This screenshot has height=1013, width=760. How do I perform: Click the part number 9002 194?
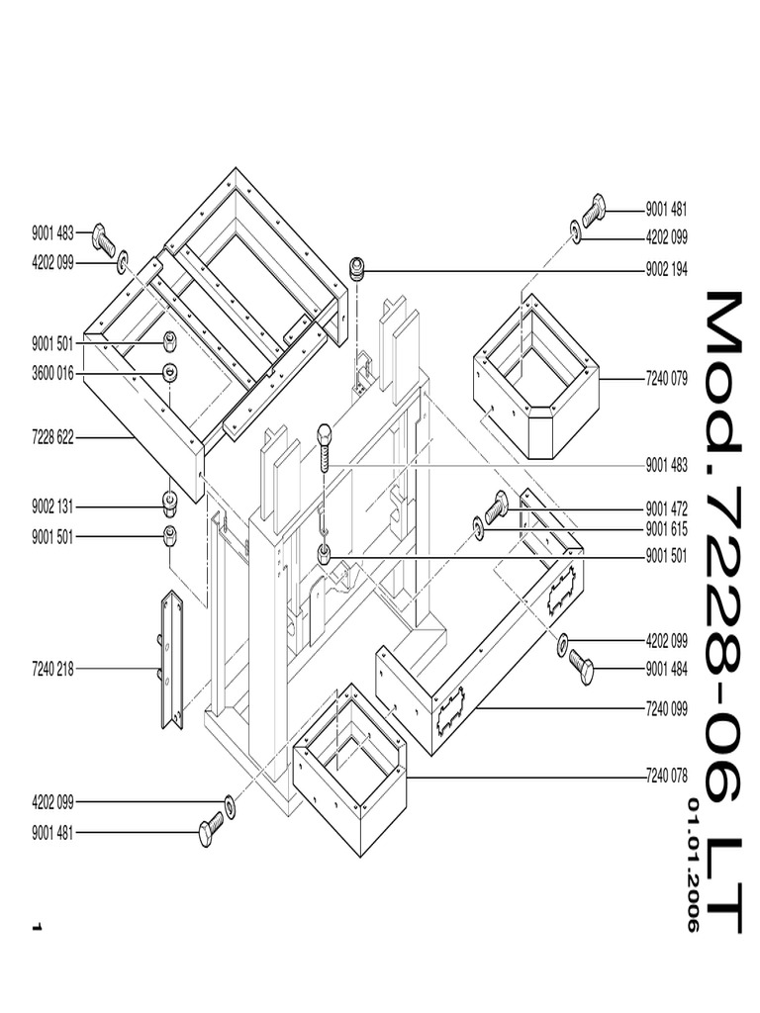pyautogui.click(x=666, y=269)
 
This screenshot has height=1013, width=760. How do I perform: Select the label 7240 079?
pyautogui.click(x=666, y=378)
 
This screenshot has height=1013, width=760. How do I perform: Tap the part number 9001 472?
pyautogui.click(x=666, y=508)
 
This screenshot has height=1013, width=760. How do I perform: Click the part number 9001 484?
pyautogui.click(x=666, y=669)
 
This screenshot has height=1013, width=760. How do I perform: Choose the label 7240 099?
pyautogui.click(x=666, y=708)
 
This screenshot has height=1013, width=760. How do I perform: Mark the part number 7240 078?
pyautogui.click(x=666, y=777)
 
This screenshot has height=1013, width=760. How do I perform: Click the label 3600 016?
pyautogui.click(x=52, y=373)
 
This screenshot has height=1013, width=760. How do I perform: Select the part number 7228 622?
pyautogui.click(x=52, y=436)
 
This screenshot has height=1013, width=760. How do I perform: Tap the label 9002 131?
pyautogui.click(x=52, y=506)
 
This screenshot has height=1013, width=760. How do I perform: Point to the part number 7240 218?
pyautogui.click(x=52, y=669)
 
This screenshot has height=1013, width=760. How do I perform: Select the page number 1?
pyautogui.click(x=37, y=927)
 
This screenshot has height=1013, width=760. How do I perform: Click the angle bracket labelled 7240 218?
pyautogui.click(x=172, y=659)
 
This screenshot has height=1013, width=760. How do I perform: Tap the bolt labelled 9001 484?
pyautogui.click(x=580, y=668)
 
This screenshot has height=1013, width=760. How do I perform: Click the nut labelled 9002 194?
pyautogui.click(x=357, y=267)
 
